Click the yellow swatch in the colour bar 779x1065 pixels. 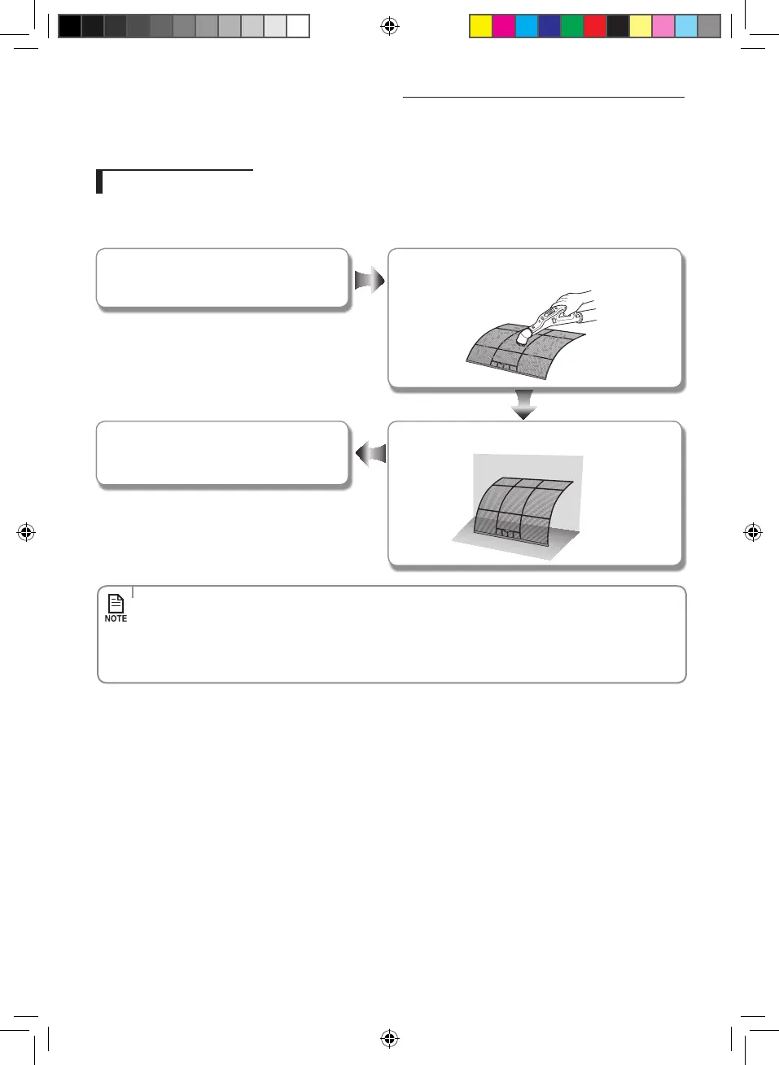[x=481, y=27]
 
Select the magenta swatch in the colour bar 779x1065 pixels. [x=504, y=27]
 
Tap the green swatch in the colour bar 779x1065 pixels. [x=572, y=27]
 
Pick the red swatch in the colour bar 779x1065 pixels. [x=595, y=27]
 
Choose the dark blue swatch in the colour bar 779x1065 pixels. [x=549, y=27]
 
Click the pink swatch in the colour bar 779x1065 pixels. [x=663, y=27]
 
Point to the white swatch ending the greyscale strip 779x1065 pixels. [x=298, y=27]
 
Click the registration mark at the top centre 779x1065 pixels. [x=389, y=27]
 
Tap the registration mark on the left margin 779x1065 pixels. [x=25, y=533]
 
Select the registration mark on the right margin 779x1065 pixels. [x=753, y=533]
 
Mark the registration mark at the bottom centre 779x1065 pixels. [x=389, y=1038]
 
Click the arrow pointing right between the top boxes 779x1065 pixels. [x=370, y=281]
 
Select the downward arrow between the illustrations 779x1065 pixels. [x=523, y=404]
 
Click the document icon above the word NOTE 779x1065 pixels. [x=116, y=603]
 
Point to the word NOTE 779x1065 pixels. [x=116, y=619]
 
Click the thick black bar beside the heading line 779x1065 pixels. [x=99, y=181]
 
